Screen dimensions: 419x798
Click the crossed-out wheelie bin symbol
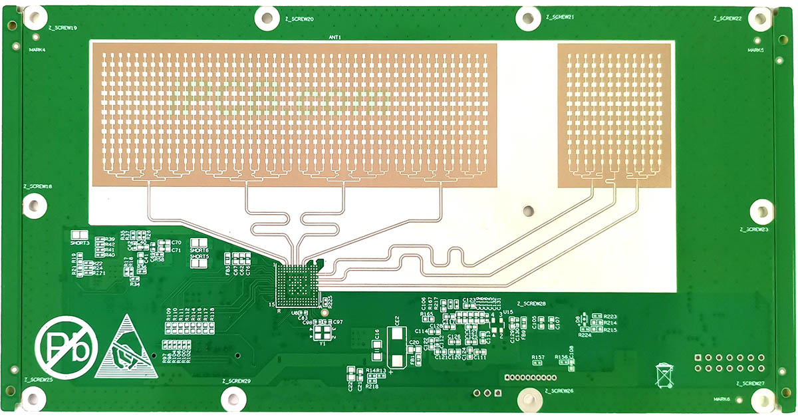pyautogui.click(x=664, y=374)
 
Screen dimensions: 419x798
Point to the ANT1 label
pyautogui.click(x=335, y=37)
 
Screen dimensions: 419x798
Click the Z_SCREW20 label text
pyautogui.click(x=299, y=19)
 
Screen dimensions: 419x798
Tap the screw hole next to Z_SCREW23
pyautogui.click(x=761, y=211)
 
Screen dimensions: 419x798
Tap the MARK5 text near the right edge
pyautogui.click(x=755, y=50)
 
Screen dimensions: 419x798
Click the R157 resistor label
pyautogui.click(x=538, y=357)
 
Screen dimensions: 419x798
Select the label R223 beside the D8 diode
pyautogui.click(x=610, y=317)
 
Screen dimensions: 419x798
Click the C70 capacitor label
pyautogui.click(x=176, y=243)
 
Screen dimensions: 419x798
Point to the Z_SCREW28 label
pyautogui.click(x=531, y=303)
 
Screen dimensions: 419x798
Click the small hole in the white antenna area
pyautogui.click(x=529, y=210)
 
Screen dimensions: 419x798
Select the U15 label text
pyautogui.click(x=508, y=311)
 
